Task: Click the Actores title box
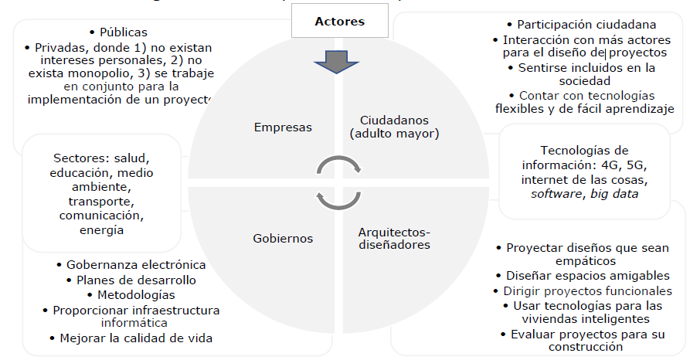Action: pos(340,21)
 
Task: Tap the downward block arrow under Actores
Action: pos(336,62)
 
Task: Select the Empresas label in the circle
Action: pos(283,127)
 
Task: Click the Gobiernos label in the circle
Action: pos(283,239)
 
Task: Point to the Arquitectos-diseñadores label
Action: pos(394,239)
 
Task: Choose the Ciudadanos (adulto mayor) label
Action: pos(394,127)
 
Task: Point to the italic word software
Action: pos(556,194)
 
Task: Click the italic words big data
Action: pos(614,194)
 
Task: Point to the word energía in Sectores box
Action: pos(102,230)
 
